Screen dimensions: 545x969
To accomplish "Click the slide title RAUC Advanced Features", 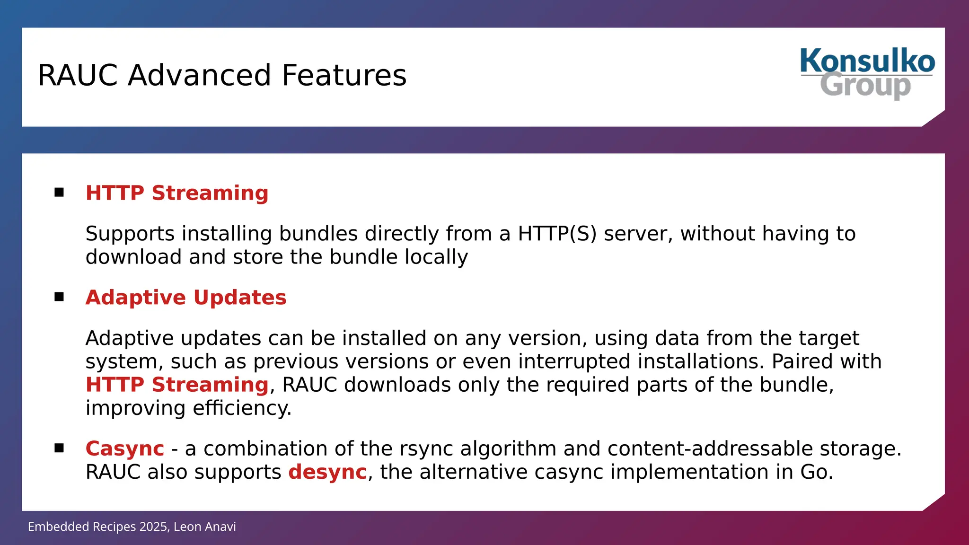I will tap(222, 75).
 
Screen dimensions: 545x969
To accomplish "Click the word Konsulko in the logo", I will tap(867, 62).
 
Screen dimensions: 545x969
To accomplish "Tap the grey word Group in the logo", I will tap(865, 86).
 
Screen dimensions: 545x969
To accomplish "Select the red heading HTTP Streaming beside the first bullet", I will tap(177, 193).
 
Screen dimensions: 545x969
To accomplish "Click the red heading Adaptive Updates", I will tap(186, 298).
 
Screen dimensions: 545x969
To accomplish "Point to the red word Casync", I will tap(125, 448).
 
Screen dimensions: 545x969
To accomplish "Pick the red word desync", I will tap(327, 472).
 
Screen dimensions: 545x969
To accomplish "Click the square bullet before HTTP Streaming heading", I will tap(59, 192).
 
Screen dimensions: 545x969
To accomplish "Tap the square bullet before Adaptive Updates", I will tap(59, 297).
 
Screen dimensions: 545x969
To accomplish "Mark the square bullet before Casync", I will tap(59, 448).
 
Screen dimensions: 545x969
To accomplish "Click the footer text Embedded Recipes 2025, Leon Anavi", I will tap(132, 527).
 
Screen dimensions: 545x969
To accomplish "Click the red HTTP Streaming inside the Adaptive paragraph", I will tap(177, 385).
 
